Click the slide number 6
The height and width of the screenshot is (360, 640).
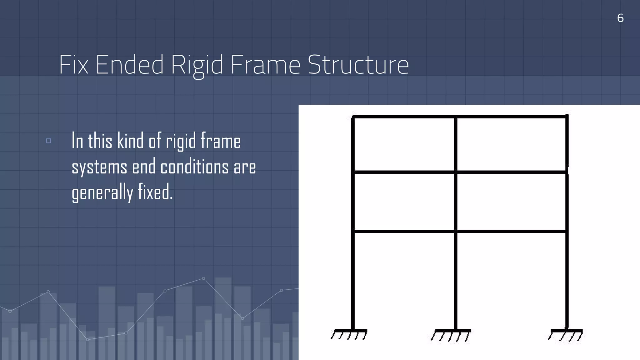(x=620, y=18)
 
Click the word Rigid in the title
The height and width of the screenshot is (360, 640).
(x=197, y=65)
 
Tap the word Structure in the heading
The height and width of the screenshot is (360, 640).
(x=358, y=65)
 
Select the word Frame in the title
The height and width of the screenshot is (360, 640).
(x=265, y=65)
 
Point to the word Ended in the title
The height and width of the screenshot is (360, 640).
(x=129, y=65)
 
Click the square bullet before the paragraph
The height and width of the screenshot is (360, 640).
(x=48, y=141)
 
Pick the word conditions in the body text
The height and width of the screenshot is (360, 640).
(x=195, y=167)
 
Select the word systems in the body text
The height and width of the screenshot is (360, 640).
(x=99, y=167)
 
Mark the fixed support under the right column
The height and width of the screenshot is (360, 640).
(x=566, y=334)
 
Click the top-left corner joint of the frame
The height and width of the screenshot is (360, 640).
(x=353, y=117)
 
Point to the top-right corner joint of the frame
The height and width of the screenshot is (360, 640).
(x=567, y=117)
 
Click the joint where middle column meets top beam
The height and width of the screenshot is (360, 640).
(x=456, y=117)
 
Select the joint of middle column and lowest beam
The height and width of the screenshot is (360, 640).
(x=456, y=231)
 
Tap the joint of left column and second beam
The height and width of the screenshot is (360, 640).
(x=353, y=172)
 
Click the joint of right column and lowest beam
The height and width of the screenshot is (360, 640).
(x=567, y=231)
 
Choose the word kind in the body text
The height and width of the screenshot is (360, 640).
(x=130, y=141)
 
